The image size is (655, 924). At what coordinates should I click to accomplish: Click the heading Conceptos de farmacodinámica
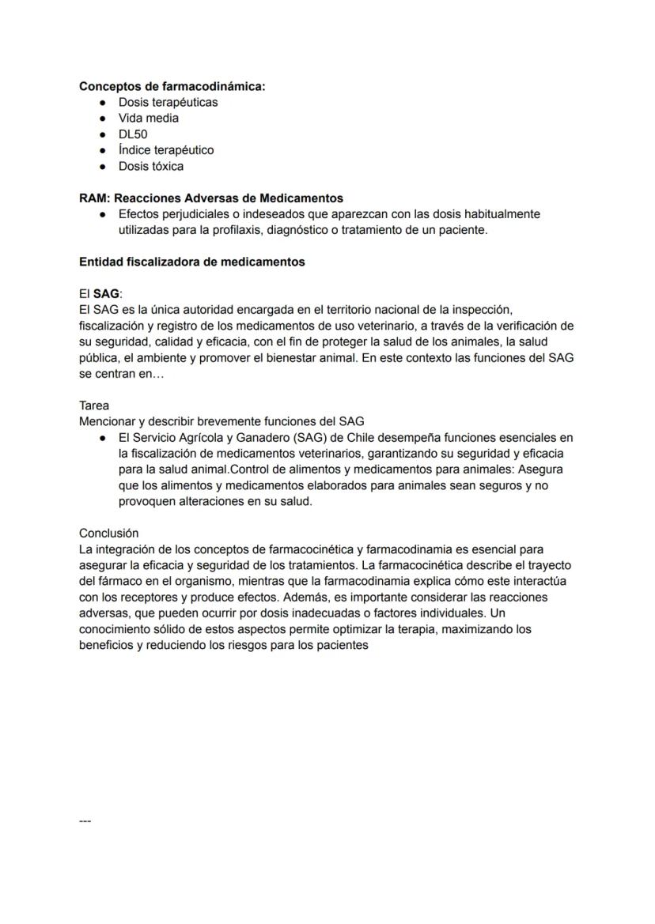tap(172, 86)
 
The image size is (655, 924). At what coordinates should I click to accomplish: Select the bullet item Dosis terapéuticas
tap(168, 102)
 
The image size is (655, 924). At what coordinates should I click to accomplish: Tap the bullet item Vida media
tap(149, 118)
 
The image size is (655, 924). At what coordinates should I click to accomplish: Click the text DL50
tap(133, 134)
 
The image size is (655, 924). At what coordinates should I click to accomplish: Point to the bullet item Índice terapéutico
tap(166, 150)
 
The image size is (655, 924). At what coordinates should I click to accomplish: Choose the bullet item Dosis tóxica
tap(151, 166)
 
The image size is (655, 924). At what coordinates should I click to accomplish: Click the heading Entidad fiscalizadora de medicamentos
tap(191, 262)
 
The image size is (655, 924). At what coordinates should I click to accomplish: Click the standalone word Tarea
tap(94, 405)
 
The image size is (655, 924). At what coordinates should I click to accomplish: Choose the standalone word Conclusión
tap(108, 533)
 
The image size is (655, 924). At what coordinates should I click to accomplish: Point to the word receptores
tap(134, 597)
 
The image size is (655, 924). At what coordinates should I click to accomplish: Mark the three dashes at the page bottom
tap(85, 821)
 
